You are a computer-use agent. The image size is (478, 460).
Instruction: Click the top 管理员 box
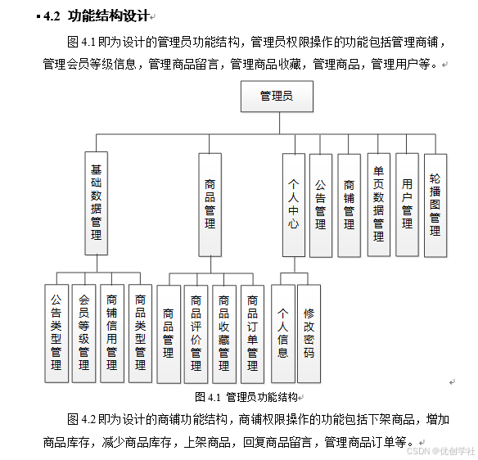tap(277, 97)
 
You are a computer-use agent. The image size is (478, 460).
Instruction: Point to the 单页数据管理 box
tap(378, 204)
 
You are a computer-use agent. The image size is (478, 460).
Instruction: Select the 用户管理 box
tap(407, 204)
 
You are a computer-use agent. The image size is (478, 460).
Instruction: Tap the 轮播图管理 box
tap(435, 204)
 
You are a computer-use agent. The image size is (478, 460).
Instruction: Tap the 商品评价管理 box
tap(196, 333)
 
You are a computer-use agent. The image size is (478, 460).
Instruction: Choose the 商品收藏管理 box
tap(224, 333)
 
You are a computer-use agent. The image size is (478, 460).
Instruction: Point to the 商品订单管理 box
tap(252, 333)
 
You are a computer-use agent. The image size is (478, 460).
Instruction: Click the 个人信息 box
tap(283, 333)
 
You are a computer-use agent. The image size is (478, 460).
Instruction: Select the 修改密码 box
tap(309, 333)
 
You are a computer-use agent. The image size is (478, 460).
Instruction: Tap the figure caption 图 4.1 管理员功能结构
tap(246, 397)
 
